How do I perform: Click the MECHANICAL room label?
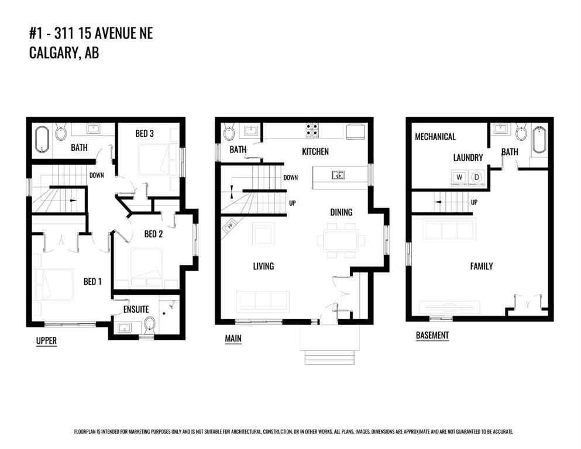435,137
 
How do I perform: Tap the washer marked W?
459,177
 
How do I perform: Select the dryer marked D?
476,177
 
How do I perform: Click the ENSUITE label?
136,309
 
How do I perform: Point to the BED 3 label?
145,134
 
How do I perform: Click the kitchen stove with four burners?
311,130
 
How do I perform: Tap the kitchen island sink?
338,174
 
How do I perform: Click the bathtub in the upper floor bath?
41,137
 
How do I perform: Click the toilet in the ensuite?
149,324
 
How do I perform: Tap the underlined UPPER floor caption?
46,341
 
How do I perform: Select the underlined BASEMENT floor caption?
432,336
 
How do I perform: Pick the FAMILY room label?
482,266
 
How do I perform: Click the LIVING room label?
263,267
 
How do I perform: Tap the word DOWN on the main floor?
291,178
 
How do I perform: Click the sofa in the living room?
263,301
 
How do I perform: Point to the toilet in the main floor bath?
228,133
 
